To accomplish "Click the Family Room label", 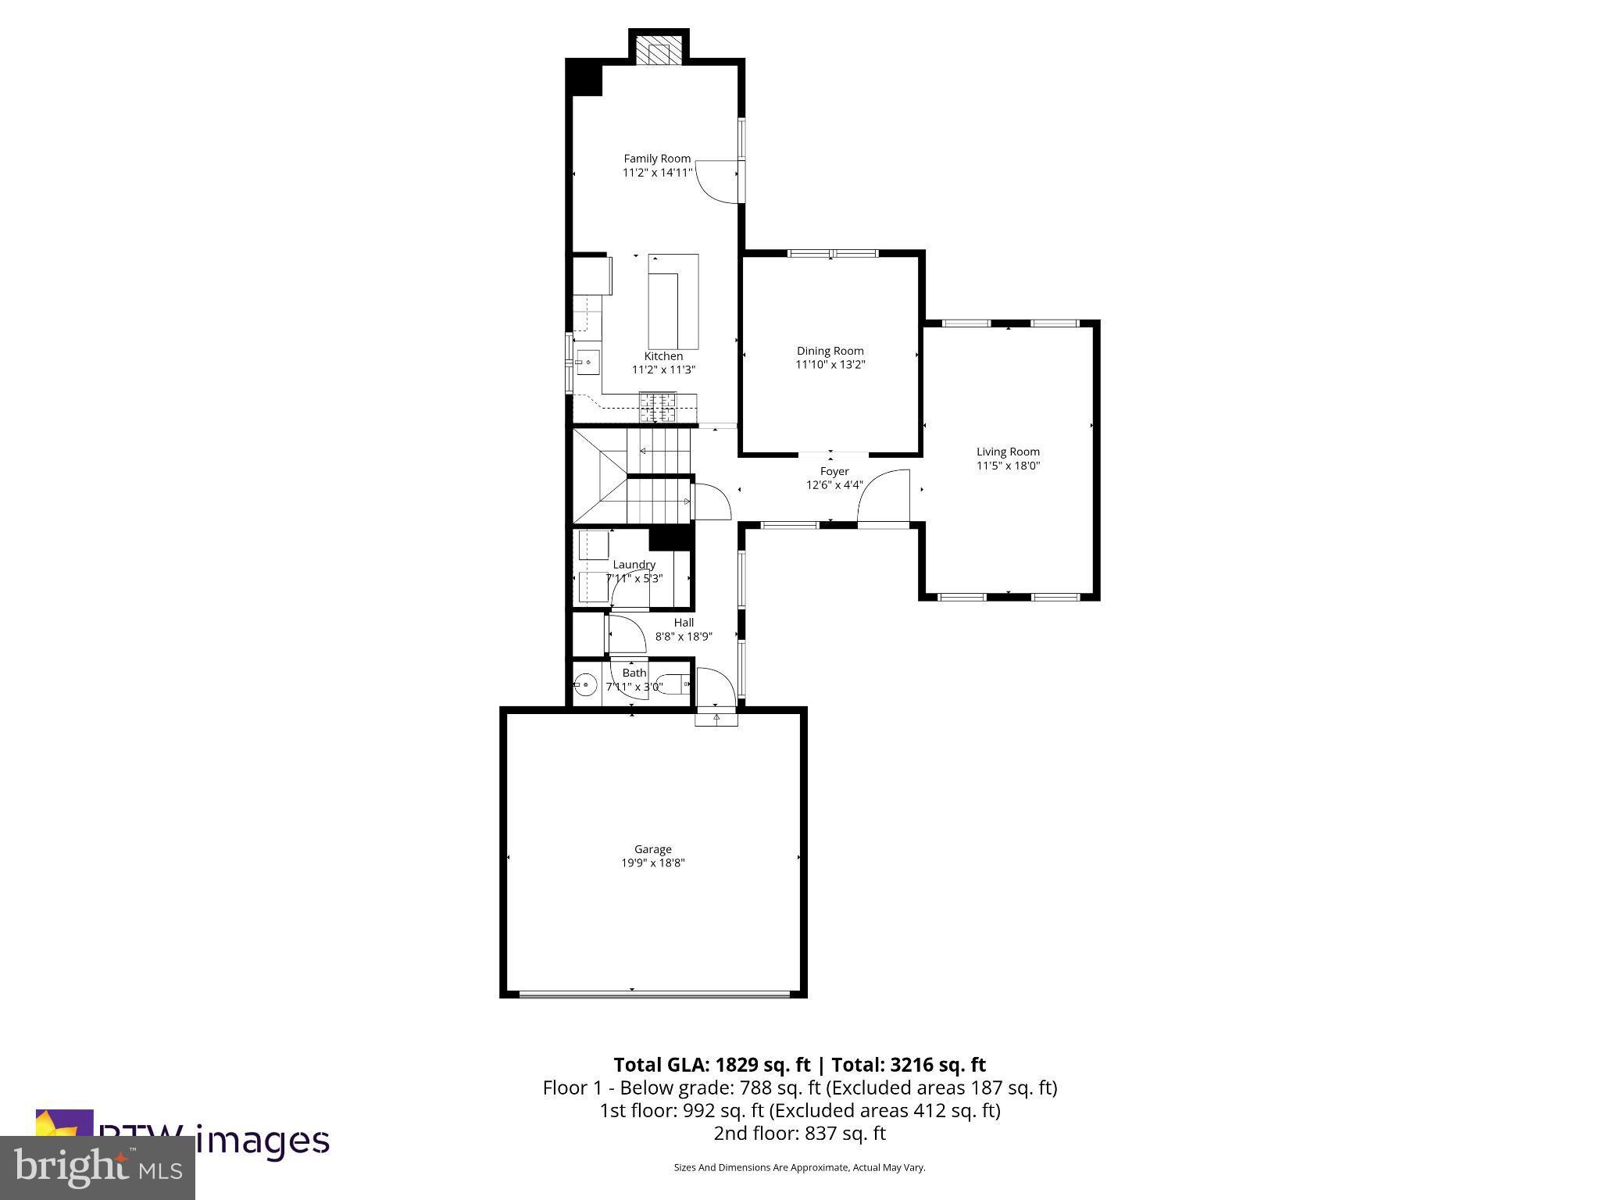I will click(657, 159).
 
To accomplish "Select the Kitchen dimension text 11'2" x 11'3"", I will click(663, 370).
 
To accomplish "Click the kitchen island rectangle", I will click(673, 302).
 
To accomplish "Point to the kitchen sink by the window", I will click(587, 362).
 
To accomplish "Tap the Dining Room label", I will click(830, 351).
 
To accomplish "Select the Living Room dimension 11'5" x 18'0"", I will click(1008, 466).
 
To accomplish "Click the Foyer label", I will click(834, 471).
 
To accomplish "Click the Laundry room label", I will click(634, 564).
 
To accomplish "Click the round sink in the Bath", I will click(585, 685).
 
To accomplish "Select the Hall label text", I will click(684, 623).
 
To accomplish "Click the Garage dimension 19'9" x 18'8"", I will click(652, 863).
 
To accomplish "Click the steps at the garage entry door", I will click(716, 716).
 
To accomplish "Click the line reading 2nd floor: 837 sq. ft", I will click(799, 1133).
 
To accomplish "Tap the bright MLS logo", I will click(98, 1168).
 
